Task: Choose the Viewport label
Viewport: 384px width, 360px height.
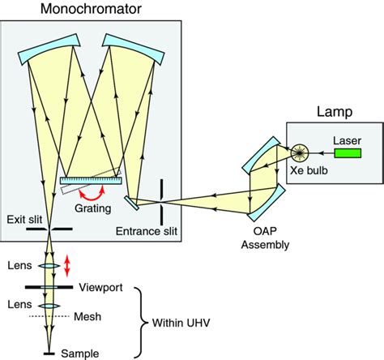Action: click(101, 287)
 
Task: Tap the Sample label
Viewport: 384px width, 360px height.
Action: click(85, 354)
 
